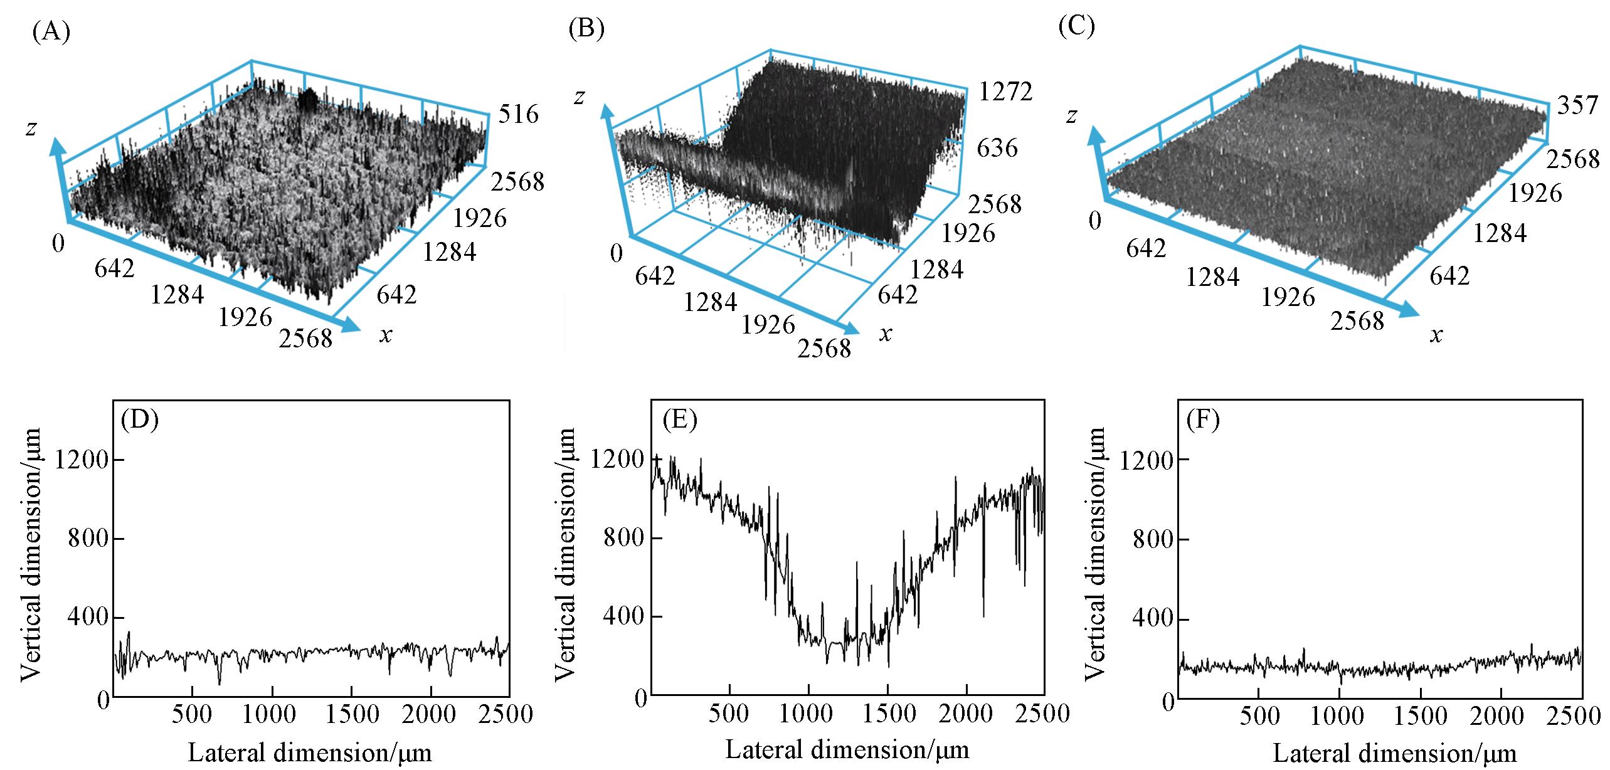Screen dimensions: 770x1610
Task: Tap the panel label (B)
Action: (586, 29)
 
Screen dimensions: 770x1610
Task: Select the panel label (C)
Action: (1076, 27)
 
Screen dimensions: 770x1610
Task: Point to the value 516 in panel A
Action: (518, 114)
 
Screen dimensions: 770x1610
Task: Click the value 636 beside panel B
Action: (997, 149)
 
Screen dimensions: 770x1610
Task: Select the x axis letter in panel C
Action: (1436, 335)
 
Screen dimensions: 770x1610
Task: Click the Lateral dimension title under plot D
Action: (310, 752)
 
